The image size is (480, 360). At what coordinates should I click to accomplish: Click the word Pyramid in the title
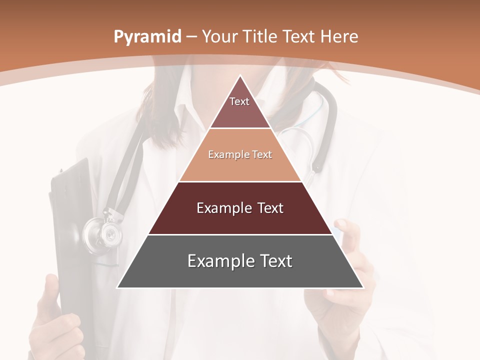click(x=147, y=37)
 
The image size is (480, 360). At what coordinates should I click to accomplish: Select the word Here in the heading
click(x=339, y=37)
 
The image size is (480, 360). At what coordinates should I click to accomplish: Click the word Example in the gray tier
click(x=219, y=261)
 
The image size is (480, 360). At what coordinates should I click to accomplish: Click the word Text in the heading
click(x=298, y=37)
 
